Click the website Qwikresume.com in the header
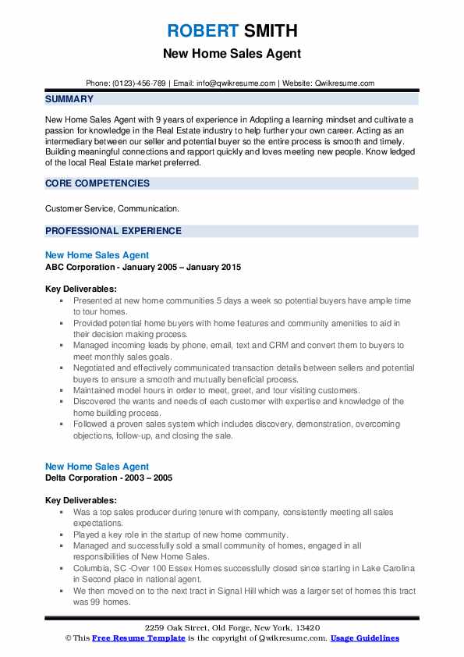(345, 83)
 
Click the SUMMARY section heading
(69, 99)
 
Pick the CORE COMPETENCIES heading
(97, 183)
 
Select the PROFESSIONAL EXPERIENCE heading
(113, 231)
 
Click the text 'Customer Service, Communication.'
(112, 209)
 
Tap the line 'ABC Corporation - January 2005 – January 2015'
(143, 267)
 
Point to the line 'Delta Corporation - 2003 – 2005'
(109, 478)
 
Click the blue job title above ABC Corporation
(97, 255)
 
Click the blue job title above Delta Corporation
(97, 467)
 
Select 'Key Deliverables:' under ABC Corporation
(81, 289)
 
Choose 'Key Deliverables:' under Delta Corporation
(81, 500)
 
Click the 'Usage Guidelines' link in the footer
(364, 638)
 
